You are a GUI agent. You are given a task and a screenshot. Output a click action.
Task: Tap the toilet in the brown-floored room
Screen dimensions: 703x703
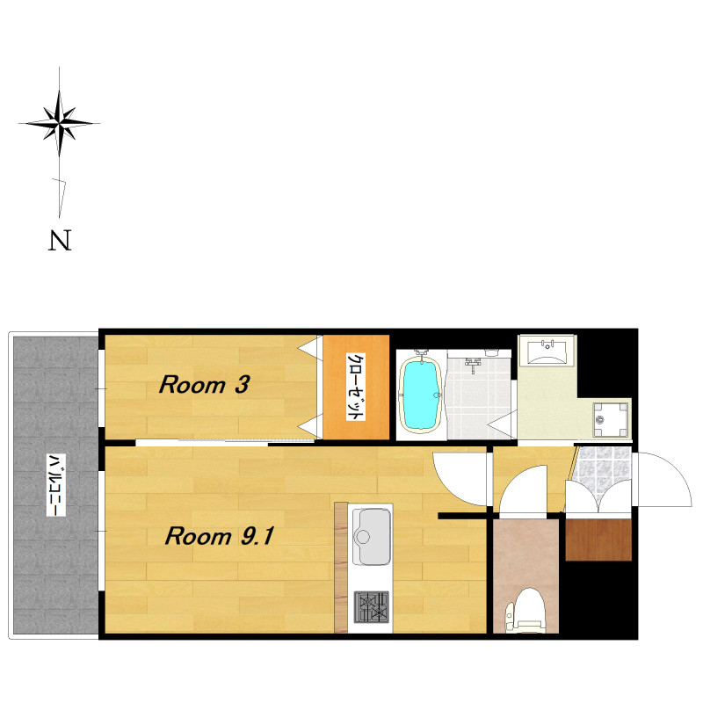tap(525, 610)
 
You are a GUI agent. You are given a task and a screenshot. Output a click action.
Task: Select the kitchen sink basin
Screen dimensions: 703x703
tap(371, 537)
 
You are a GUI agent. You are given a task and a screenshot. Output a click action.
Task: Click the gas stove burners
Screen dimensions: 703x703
tap(371, 607)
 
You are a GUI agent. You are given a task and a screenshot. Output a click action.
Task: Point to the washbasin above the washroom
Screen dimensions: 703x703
tap(547, 350)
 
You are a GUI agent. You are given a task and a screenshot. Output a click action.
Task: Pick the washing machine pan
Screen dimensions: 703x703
tap(610, 419)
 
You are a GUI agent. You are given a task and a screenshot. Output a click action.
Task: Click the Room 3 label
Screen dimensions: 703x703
tap(204, 385)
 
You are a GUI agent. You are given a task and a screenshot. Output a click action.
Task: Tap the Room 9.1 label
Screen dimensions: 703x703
tap(219, 536)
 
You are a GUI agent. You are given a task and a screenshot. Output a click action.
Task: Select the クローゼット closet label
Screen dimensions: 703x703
tap(355, 387)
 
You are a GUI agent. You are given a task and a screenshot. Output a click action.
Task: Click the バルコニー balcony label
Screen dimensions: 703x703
tap(56, 485)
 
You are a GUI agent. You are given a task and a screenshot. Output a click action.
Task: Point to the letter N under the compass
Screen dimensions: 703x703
tap(60, 240)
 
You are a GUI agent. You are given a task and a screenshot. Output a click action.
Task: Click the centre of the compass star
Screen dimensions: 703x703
tap(60, 122)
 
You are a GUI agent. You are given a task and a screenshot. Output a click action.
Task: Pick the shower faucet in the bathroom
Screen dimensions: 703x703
tap(473, 364)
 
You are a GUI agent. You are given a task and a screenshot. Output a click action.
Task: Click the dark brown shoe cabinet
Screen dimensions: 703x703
tap(598, 540)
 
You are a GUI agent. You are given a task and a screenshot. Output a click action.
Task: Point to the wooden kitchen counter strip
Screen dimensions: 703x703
tap(341, 567)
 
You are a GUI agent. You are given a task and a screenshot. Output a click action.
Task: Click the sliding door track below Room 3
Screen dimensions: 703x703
tap(224, 443)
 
